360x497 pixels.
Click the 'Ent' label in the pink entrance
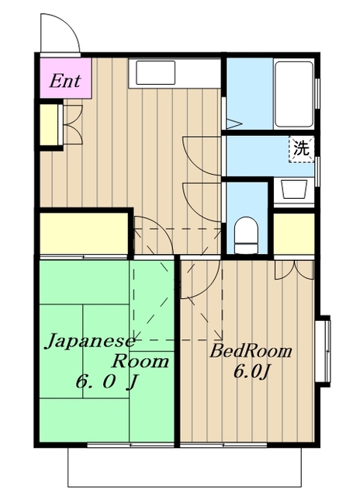pos(65,81)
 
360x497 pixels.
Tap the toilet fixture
pos(246,234)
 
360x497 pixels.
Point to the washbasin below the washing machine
pos(293,190)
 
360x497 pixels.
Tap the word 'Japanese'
pos(89,342)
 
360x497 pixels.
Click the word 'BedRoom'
pos(252,351)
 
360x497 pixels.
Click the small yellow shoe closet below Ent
pos(48,123)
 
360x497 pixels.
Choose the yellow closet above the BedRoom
pos(294,231)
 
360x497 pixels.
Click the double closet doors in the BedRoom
pos(294,268)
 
